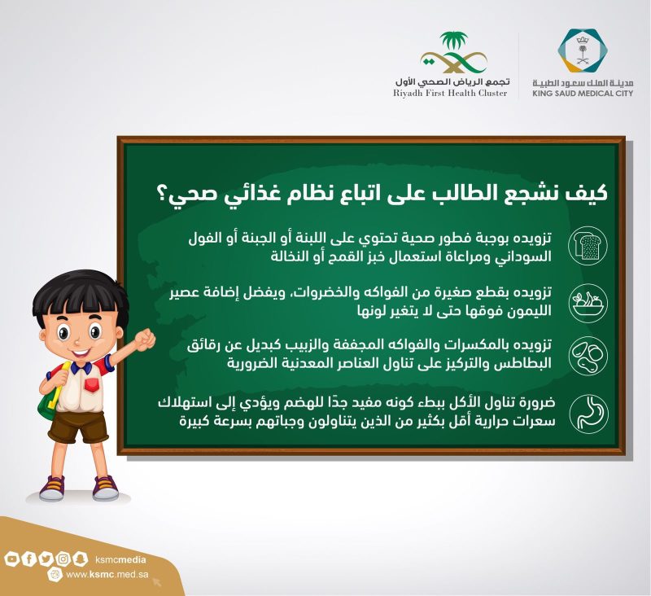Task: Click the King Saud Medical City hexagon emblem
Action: [x=583, y=51]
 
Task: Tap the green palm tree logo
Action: [x=452, y=53]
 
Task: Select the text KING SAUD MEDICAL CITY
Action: [x=583, y=94]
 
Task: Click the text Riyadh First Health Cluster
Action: [x=450, y=94]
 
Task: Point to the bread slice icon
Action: [x=588, y=246]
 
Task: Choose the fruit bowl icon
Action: [x=588, y=302]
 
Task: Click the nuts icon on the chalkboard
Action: [x=588, y=356]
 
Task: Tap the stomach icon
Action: [x=588, y=414]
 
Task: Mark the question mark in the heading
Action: [x=161, y=195]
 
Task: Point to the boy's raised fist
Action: [x=144, y=340]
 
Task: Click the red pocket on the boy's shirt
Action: [x=92, y=384]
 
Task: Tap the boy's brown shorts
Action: [x=77, y=426]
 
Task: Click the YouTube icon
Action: [x=11, y=559]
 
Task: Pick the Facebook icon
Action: [x=28, y=559]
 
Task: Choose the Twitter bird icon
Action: [x=46, y=559]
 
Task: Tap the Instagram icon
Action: [x=63, y=559]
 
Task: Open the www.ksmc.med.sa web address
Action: [x=107, y=575]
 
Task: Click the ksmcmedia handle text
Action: [x=120, y=560]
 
